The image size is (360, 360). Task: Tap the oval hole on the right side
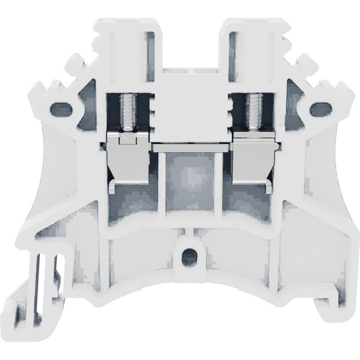click(x=321, y=109)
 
